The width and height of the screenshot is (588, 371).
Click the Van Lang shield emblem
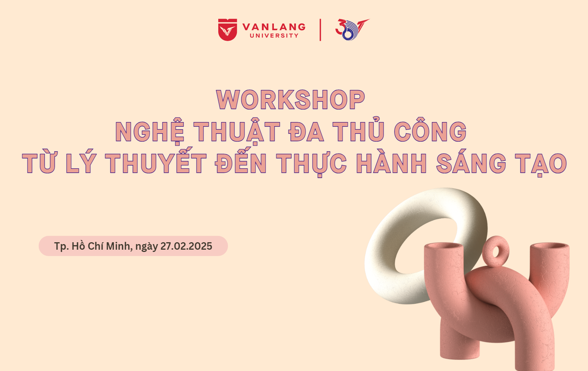tap(228, 29)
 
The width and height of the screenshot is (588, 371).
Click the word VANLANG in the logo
tap(274, 27)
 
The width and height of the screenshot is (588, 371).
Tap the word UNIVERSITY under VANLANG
tap(274, 36)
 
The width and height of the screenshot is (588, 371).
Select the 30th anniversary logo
tap(352, 29)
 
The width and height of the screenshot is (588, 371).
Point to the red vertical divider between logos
tap(320, 30)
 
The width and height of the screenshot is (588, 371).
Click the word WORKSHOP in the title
tap(291, 100)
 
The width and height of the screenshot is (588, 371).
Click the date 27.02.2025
tap(186, 246)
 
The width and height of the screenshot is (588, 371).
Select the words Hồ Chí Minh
tap(102, 246)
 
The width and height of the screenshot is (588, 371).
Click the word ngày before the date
tap(147, 247)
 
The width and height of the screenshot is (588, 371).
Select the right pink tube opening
tap(550, 246)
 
